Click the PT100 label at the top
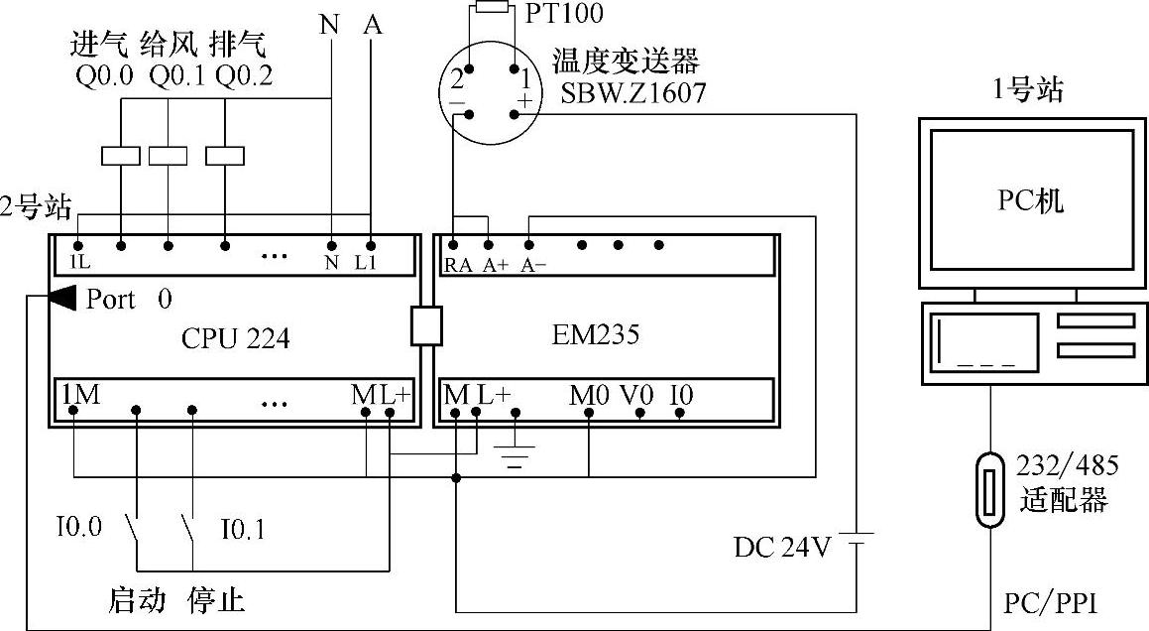pos(565,14)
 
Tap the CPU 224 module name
pos(236,338)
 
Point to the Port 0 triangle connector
pos(61,297)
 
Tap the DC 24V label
pos(782,547)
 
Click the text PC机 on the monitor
pos(1028,201)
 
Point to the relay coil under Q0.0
pos(121,156)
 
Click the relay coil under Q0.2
pos(226,156)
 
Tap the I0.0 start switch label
pos(78,527)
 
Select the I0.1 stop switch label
pos(241,530)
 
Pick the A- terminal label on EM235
pos(534,265)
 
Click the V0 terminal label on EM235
pos(638,395)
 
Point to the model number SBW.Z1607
pos(634,92)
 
